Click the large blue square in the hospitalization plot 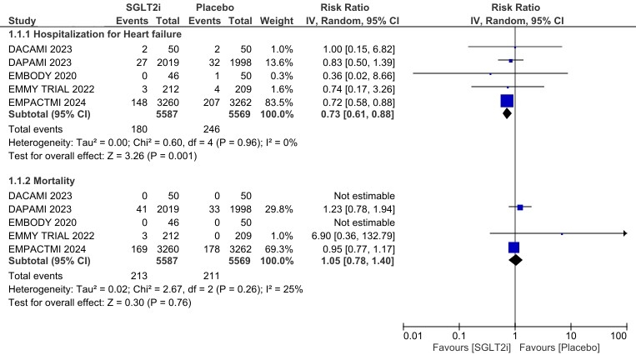tap(507, 101)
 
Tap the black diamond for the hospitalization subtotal tap(507, 112)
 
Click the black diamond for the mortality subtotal tap(515, 260)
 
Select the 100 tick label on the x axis tap(618, 335)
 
